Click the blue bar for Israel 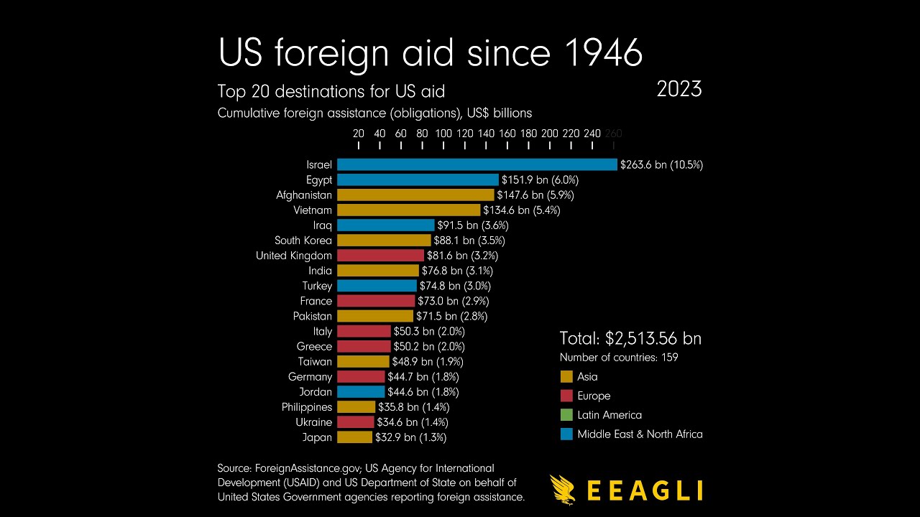477,164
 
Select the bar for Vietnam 408,210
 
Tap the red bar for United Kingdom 380,256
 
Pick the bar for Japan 354,437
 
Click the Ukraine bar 355,422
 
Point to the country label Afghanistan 304,195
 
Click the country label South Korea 303,241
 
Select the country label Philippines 307,407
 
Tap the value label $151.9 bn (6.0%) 540,180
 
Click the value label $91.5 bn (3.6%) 473,225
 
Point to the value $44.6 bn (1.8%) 423,392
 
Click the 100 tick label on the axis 443,134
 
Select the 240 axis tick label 592,134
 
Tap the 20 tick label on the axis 359,134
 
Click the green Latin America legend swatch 566,415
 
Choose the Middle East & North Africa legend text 640,434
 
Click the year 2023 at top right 679,90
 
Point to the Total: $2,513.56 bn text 630,339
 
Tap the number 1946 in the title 603,52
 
